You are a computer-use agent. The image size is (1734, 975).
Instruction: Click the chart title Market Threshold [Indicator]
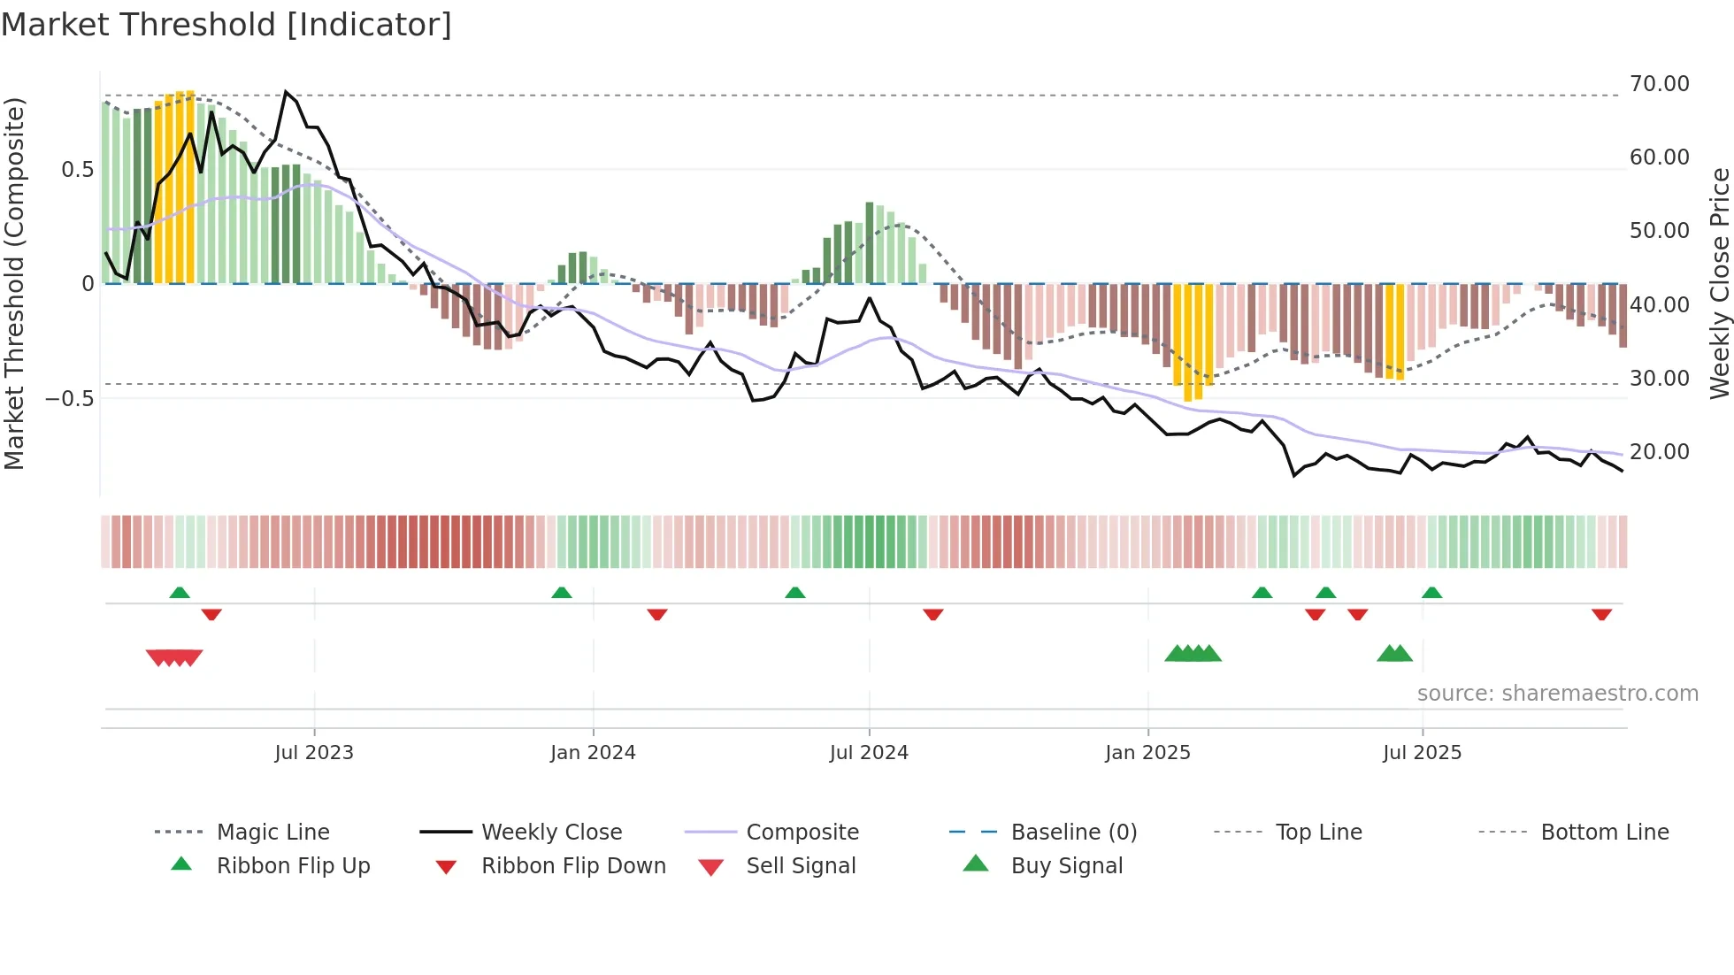pos(226,25)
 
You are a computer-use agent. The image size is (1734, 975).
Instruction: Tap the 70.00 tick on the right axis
pos(1659,84)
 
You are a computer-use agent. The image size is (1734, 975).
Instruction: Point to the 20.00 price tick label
pos(1659,452)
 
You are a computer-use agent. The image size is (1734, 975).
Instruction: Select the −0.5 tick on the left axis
pos(70,398)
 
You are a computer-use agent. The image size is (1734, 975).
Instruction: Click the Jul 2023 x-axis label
pos(313,753)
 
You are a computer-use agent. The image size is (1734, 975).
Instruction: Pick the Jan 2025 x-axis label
pos(1147,753)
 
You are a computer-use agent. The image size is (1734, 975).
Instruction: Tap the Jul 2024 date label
pos(869,753)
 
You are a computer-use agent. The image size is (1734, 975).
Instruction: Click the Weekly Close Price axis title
pos(1719,283)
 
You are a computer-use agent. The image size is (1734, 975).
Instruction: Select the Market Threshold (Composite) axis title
pos(14,283)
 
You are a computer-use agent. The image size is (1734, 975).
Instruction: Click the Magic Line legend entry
pos(272,833)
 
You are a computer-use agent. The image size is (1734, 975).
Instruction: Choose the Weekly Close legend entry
pos(551,833)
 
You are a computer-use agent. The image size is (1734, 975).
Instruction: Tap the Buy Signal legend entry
pos(1066,866)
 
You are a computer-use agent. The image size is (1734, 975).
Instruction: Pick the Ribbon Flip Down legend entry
pos(573,866)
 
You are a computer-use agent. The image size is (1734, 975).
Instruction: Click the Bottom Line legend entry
pos(1604,833)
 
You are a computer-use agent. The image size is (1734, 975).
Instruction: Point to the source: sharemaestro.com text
pos(1557,694)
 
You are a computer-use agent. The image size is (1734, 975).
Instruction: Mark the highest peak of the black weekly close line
pos(286,92)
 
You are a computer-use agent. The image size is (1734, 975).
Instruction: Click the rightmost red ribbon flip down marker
pos(1601,615)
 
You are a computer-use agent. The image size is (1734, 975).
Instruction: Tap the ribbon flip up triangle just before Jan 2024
pos(561,593)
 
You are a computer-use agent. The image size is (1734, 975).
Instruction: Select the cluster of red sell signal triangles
pos(174,657)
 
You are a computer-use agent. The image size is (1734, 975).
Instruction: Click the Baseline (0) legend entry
pos(1073,833)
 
